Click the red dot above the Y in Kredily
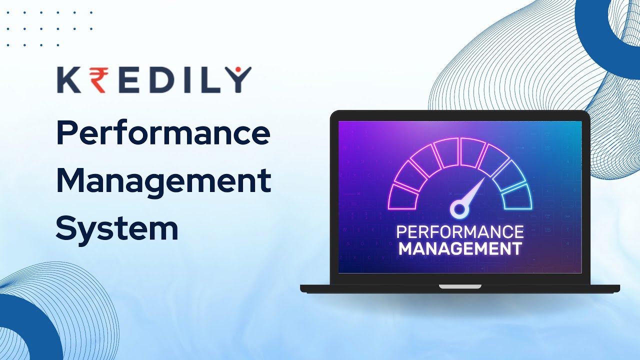pyautogui.click(x=238, y=68)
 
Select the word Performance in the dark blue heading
pyautogui.click(x=163, y=134)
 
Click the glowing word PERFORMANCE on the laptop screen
pyautogui.click(x=460, y=232)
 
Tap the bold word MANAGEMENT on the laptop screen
pyautogui.click(x=460, y=248)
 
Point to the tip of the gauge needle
pyautogui.click(x=483, y=179)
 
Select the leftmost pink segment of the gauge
pyautogui.click(x=403, y=196)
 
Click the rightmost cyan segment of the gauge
pyautogui.click(x=517, y=196)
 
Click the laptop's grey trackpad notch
pyautogui.click(x=460, y=286)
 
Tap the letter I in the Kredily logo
pyautogui.click(x=183, y=80)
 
